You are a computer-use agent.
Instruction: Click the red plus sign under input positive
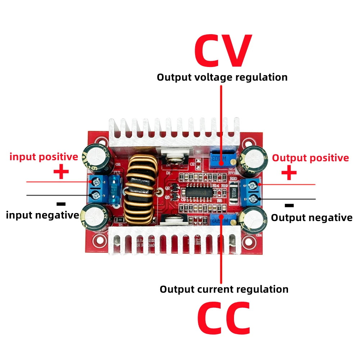coord(61,172)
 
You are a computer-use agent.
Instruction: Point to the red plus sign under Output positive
coord(289,173)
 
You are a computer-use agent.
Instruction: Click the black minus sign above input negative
coord(61,204)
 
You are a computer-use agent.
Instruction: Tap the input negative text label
coord(42,215)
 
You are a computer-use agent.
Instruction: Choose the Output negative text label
coord(311,217)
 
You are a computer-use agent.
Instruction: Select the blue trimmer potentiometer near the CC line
coord(220,220)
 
